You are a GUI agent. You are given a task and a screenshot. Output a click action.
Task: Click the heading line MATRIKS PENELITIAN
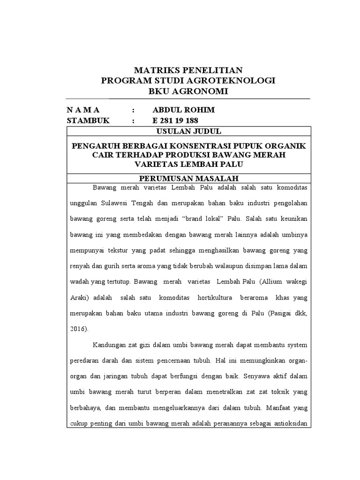pyautogui.click(x=188, y=70)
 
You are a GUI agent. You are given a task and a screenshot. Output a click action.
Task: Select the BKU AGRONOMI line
pyautogui.click(x=188, y=91)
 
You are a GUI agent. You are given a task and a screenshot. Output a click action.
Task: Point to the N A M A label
pyautogui.click(x=83, y=110)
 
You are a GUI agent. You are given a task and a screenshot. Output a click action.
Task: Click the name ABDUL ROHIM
pyautogui.click(x=184, y=110)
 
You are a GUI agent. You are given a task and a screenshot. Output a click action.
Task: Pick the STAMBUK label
pyautogui.click(x=88, y=120)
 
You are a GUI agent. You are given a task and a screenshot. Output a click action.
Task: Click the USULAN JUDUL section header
pyautogui.click(x=188, y=131)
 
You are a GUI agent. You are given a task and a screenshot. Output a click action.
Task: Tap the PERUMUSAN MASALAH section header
pyautogui.click(x=188, y=179)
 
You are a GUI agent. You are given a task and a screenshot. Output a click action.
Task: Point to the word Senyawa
pyautogui.click(x=271, y=376)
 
